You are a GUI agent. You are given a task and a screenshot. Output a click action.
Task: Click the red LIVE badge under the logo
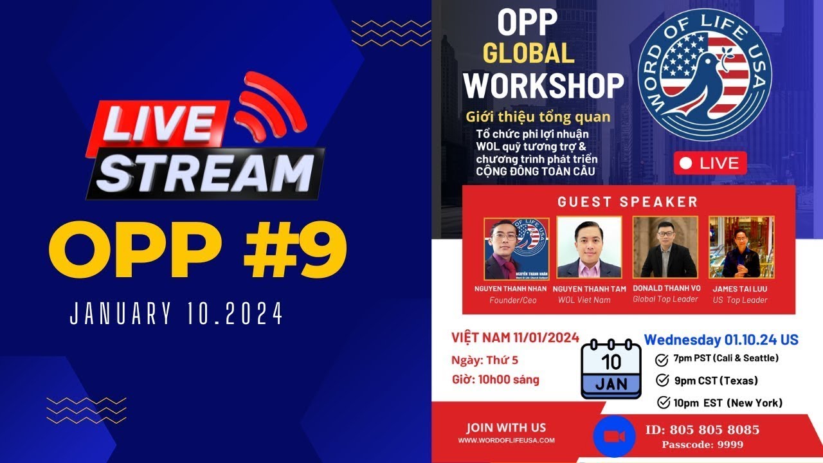[x=710, y=163]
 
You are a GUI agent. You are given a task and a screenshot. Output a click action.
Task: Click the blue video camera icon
[x=615, y=437]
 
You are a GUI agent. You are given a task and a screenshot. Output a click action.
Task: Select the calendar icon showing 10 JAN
[x=611, y=369]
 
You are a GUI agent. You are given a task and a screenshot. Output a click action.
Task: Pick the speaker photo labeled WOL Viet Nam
[x=589, y=248]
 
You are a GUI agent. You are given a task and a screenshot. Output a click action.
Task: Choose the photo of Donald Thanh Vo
[x=665, y=248]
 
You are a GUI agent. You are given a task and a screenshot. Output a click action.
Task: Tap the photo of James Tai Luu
[x=741, y=248]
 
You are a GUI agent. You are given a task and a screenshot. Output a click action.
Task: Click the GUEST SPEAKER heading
[x=628, y=202]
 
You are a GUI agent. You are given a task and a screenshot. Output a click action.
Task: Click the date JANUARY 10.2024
[x=177, y=315]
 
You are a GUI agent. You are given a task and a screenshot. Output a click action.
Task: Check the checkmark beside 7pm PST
[x=662, y=359]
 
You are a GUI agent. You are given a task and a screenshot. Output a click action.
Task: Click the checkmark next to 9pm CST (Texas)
[x=662, y=381]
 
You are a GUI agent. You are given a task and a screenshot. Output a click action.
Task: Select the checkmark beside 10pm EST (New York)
[x=664, y=403]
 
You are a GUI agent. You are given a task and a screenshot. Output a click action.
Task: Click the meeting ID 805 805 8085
[x=702, y=430]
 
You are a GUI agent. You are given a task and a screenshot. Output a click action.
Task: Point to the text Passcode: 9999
[x=703, y=444]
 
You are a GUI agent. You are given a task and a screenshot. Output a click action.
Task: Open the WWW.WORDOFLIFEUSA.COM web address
[x=506, y=440]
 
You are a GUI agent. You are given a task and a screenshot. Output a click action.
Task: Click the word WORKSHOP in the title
[x=543, y=85]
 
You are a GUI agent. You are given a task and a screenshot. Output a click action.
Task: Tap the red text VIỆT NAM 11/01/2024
[x=515, y=338]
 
